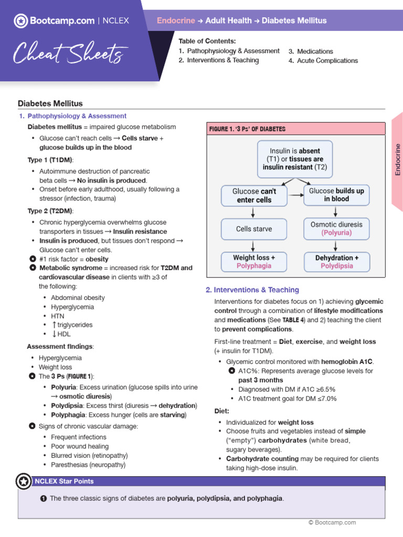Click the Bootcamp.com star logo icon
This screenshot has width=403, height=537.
click(x=21, y=21)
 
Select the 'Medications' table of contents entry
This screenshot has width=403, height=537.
click(x=315, y=51)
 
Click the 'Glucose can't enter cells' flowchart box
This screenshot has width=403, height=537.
click(x=254, y=196)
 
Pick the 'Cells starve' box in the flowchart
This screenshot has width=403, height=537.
click(x=254, y=229)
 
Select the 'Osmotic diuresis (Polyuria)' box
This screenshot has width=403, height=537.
click(x=336, y=229)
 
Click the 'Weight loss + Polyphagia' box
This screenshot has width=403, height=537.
click(x=254, y=262)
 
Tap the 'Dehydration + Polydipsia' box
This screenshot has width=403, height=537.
click(x=336, y=262)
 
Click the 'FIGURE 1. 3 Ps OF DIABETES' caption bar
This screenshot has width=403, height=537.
click(x=297, y=129)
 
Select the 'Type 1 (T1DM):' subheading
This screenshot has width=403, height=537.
click(x=50, y=159)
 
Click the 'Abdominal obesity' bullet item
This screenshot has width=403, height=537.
click(x=78, y=297)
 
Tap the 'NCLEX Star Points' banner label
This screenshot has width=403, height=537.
click(x=64, y=481)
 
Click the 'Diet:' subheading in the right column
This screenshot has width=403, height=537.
click(x=222, y=411)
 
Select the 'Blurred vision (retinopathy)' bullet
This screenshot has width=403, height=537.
click(x=89, y=456)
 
